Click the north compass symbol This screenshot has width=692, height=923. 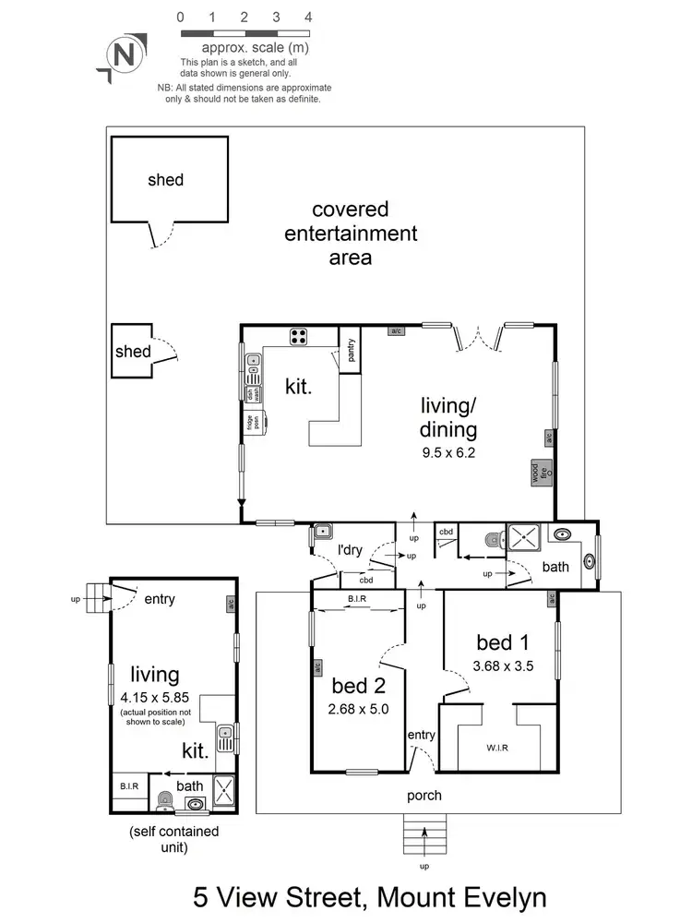[x=123, y=54]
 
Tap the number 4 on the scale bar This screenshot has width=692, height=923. [x=307, y=17]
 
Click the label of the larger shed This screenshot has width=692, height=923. [x=166, y=180]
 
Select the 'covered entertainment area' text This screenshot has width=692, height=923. [x=351, y=234]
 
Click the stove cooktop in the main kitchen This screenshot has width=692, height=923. [x=300, y=336]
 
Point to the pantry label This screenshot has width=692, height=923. [x=351, y=350]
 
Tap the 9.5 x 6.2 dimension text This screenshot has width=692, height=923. [x=448, y=453]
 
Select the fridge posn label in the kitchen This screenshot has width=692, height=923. [x=250, y=422]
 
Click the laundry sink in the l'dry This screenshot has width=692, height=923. [x=322, y=531]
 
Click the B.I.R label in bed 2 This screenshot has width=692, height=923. [x=358, y=600]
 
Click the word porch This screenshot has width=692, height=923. [x=424, y=796]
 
